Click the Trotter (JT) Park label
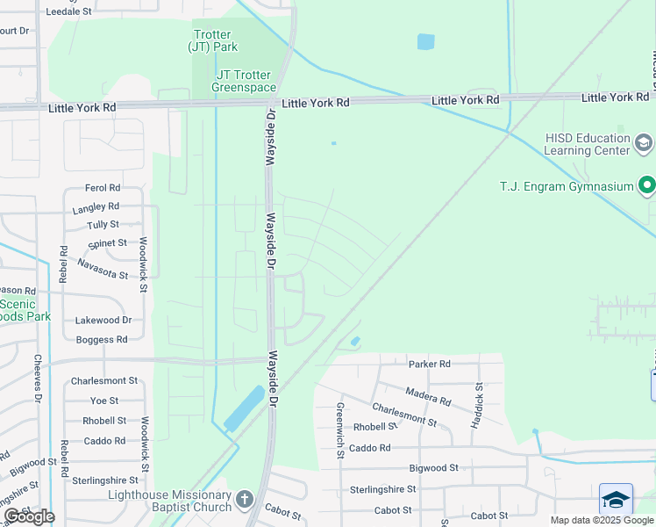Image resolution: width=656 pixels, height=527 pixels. pyautogui.click(x=213, y=40)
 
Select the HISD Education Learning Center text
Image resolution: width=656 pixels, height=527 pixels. pyautogui.click(x=587, y=144)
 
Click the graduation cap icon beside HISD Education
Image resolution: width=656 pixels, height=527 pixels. pyautogui.click(x=643, y=142)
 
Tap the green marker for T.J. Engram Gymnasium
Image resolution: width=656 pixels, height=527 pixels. pyautogui.click(x=647, y=185)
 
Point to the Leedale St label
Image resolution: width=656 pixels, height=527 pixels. pyautogui.click(x=68, y=11)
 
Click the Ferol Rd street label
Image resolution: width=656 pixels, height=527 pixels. pyautogui.click(x=102, y=188)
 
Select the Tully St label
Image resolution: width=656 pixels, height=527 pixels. pyautogui.click(x=103, y=225)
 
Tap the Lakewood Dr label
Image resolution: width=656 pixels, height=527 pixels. pyautogui.click(x=103, y=321)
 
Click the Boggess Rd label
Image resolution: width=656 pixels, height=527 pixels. pyautogui.click(x=101, y=339)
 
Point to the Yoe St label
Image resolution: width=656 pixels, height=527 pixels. pyautogui.click(x=104, y=401)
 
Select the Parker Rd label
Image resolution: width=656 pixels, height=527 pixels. pyautogui.click(x=429, y=364)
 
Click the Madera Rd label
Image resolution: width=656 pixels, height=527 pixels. pyautogui.click(x=429, y=397)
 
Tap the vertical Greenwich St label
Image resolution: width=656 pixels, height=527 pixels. pyautogui.click(x=339, y=430)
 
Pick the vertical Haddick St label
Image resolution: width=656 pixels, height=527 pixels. pyautogui.click(x=479, y=405)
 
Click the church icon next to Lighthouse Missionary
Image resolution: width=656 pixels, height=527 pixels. pyautogui.click(x=245, y=500)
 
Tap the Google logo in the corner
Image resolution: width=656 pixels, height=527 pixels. pyautogui.click(x=29, y=516)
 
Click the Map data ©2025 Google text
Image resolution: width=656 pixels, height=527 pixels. pyautogui.click(x=602, y=520)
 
